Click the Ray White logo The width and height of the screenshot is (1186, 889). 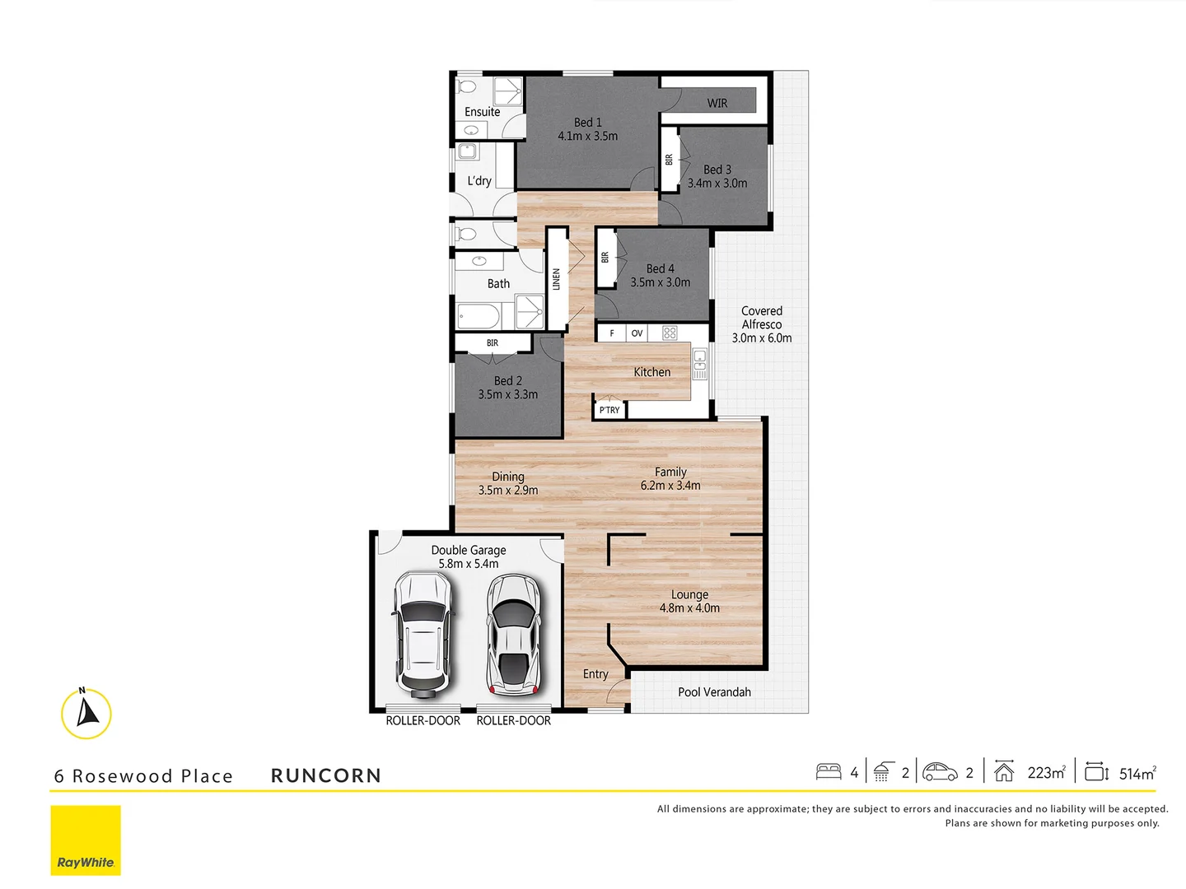click(86, 840)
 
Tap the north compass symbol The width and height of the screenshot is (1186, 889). click(86, 713)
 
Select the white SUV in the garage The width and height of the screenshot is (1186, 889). click(423, 634)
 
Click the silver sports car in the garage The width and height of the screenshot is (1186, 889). click(513, 635)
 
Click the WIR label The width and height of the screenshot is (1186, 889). click(717, 104)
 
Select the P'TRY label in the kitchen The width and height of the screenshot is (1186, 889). click(609, 410)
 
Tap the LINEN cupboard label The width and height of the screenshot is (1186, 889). click(557, 280)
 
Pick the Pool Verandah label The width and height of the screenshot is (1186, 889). click(714, 692)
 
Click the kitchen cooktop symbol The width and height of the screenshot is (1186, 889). click(670, 333)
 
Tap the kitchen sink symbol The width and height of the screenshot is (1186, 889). click(700, 364)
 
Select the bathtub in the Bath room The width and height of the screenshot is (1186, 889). click(478, 316)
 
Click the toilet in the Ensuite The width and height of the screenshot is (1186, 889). click(467, 87)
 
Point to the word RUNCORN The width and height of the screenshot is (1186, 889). click(326, 775)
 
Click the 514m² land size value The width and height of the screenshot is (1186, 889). click(1137, 774)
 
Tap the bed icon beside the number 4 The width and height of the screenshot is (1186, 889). click(829, 772)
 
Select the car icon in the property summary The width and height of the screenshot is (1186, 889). click(940, 772)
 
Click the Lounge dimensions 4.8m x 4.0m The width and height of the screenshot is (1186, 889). click(689, 608)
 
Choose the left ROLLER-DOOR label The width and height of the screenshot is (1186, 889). click(423, 721)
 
